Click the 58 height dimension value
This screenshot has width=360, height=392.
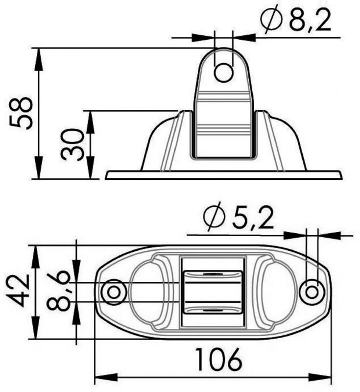point(22,114)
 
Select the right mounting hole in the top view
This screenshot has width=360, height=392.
point(312,292)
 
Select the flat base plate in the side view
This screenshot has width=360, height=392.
point(223,175)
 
